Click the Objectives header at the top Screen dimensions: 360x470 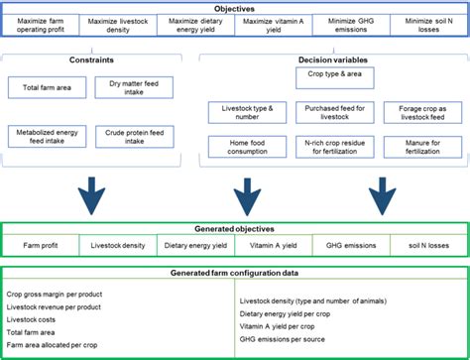235,6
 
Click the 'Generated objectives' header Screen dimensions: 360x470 235,227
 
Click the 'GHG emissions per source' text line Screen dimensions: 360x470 289,337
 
